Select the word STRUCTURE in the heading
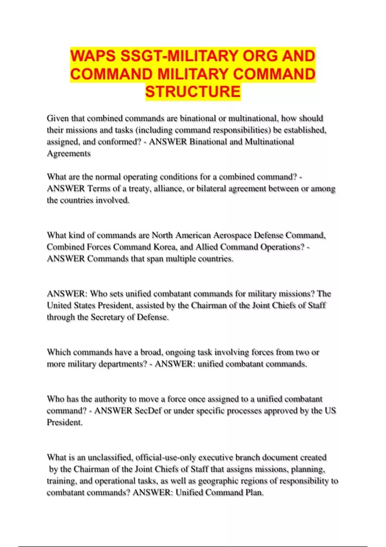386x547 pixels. (193, 91)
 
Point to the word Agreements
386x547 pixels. (69, 153)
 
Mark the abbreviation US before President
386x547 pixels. (330, 411)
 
